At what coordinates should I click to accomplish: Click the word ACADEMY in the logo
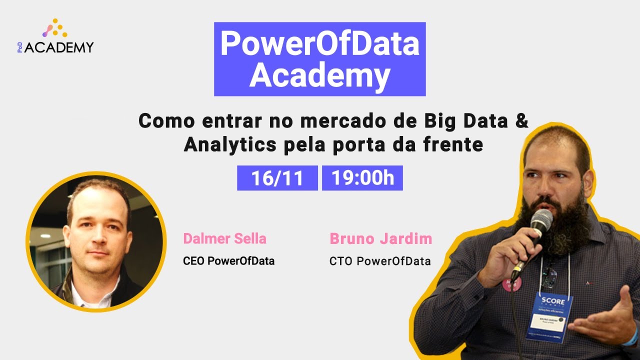click(x=59, y=48)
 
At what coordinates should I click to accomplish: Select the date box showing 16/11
click(x=277, y=178)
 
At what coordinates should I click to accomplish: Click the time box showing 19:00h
click(x=362, y=178)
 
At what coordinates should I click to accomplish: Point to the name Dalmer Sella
click(x=224, y=238)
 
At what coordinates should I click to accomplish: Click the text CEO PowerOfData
click(x=228, y=261)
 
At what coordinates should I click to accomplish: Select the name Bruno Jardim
click(x=380, y=238)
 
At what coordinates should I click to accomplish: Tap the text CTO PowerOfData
click(x=380, y=261)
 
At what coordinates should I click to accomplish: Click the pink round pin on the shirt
click(x=512, y=283)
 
